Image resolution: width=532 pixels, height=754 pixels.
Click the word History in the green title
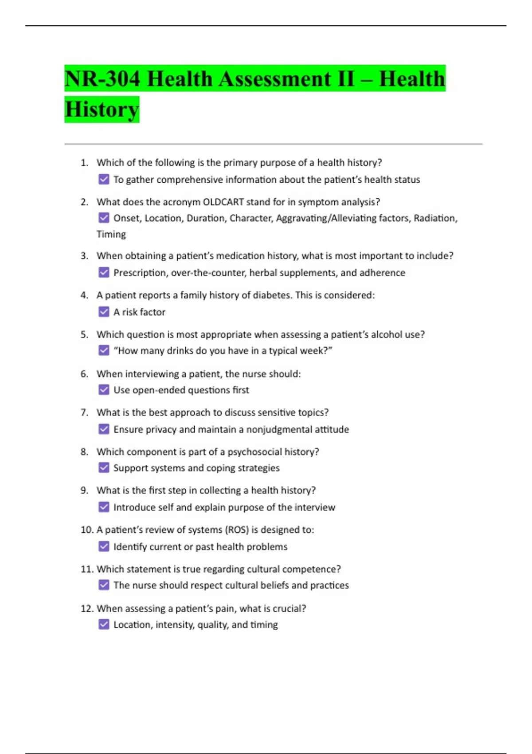[x=102, y=110]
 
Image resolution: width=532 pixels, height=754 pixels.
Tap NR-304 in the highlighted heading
[x=102, y=79]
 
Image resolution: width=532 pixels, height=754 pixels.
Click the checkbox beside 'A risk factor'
[x=104, y=312]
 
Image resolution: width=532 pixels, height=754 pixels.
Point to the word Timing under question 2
[x=111, y=234]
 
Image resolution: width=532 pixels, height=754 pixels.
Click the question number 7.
[x=84, y=412]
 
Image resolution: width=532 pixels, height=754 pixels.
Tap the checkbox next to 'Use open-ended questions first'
[x=104, y=390]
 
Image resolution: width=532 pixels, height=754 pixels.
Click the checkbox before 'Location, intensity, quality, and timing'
[x=104, y=624]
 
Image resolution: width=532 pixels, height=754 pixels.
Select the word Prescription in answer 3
[x=140, y=273]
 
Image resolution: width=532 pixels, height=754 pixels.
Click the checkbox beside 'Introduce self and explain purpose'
[x=104, y=507]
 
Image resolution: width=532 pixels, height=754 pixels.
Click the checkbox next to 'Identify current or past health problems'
[x=104, y=546]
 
